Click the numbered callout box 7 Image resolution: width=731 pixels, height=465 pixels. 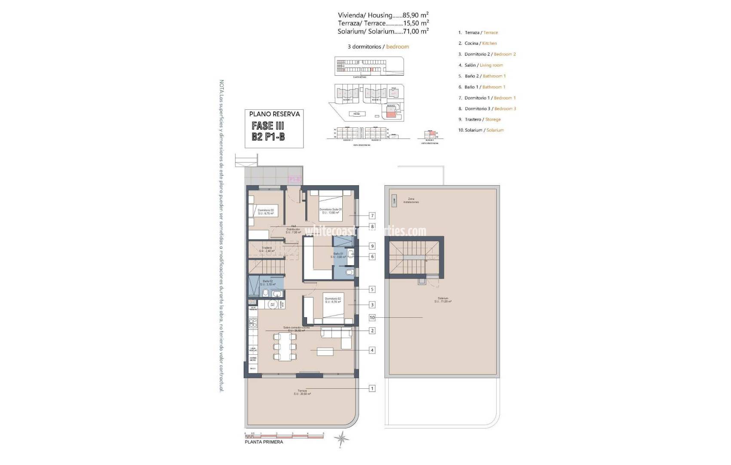[x=372, y=216]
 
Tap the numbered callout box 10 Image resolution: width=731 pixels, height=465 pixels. [x=372, y=318]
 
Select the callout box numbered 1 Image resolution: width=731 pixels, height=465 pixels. [x=372, y=388]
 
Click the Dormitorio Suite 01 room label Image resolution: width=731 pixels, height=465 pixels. [x=330, y=211]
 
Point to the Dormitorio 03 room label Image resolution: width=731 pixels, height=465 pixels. [x=266, y=211]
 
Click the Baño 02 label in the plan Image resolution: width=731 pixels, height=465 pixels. [x=268, y=282]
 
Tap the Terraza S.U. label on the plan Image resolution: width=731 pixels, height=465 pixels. [x=302, y=392]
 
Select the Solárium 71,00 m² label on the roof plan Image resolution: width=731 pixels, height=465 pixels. [x=443, y=300]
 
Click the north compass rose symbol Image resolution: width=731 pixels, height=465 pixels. [x=342, y=439]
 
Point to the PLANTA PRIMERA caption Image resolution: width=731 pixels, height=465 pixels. [x=264, y=442]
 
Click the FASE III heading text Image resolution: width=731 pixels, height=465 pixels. [x=268, y=126]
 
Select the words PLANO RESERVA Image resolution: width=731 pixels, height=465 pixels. [x=274, y=114]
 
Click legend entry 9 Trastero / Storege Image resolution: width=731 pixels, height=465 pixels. [x=479, y=119]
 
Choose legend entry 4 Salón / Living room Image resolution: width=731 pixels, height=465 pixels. [x=480, y=65]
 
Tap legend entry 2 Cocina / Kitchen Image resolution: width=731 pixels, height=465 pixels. [x=477, y=43]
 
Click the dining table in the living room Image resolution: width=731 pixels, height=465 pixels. [x=284, y=347]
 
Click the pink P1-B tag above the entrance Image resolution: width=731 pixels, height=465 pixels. [x=294, y=179]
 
